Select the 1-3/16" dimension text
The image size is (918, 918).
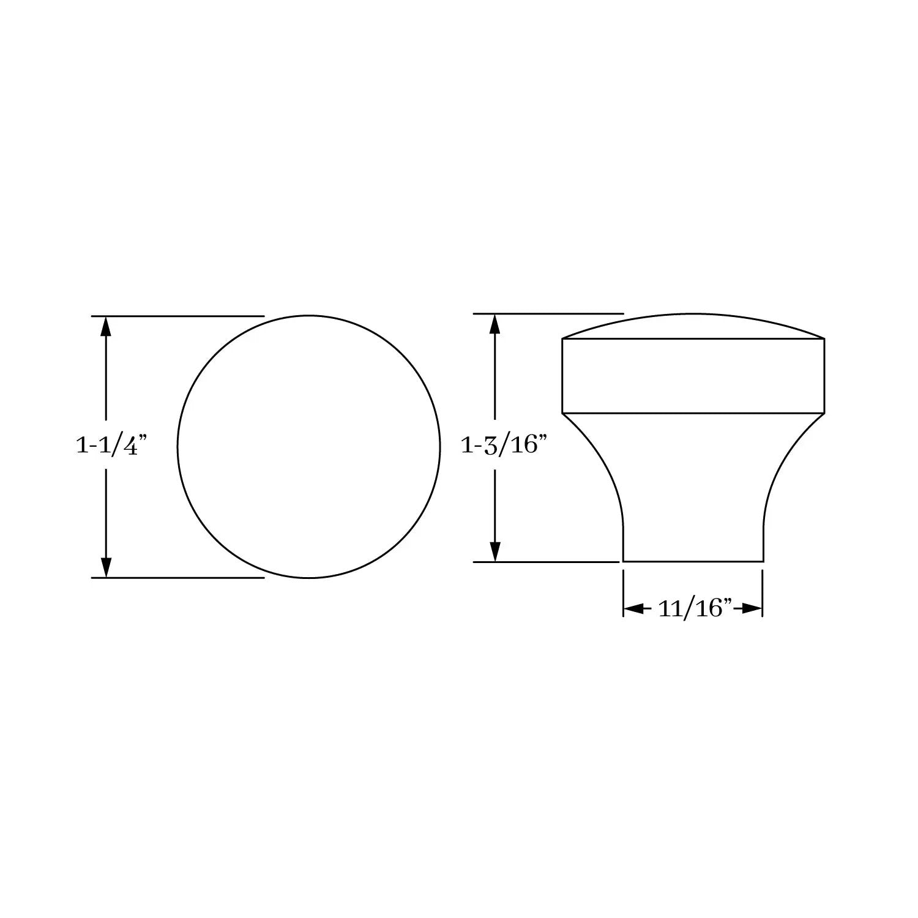click(x=502, y=445)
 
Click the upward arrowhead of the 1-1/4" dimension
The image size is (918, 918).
click(x=106, y=326)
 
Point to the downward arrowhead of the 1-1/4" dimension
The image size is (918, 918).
click(x=106, y=567)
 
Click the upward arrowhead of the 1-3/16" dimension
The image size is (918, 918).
click(x=496, y=324)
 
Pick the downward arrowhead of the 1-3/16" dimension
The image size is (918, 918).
click(x=496, y=551)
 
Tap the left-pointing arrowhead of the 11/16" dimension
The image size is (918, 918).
click(x=633, y=608)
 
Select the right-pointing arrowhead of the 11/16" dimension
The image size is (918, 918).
click(x=752, y=608)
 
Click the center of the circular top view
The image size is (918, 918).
click(x=308, y=447)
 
